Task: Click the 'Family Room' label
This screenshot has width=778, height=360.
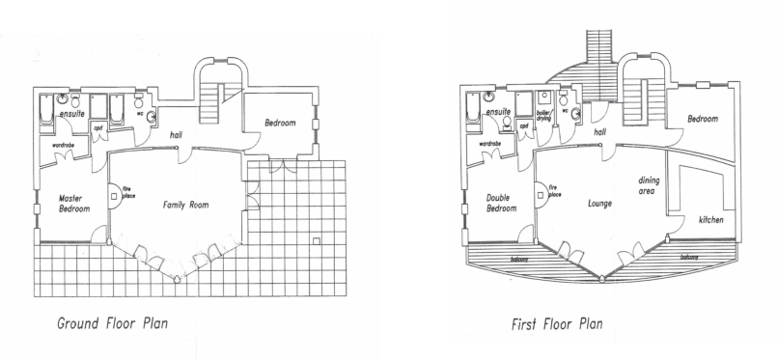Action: pos(185,205)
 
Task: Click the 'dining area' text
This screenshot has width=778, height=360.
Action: pos(648,185)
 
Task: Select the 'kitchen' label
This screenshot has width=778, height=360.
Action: pos(710,220)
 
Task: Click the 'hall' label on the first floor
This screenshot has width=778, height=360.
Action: pos(599,130)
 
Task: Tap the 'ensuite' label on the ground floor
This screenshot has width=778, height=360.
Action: pos(70,114)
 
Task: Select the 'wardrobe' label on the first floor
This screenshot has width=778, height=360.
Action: pos(489,144)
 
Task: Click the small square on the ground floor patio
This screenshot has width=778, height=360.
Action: pos(317,238)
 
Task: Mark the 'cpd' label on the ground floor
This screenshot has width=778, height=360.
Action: pos(98,126)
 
